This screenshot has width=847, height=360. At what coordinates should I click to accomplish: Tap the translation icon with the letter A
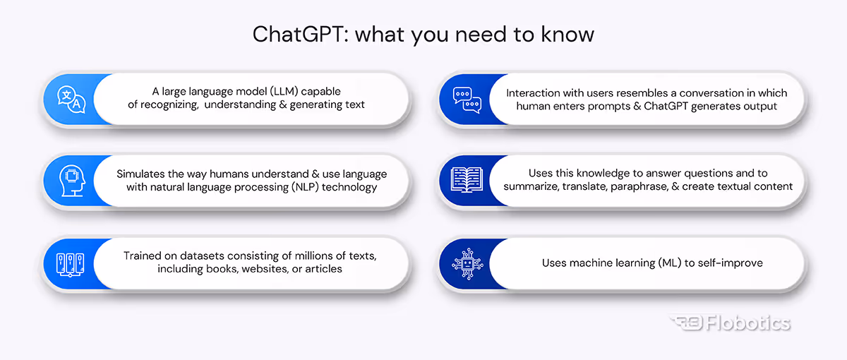[71, 100]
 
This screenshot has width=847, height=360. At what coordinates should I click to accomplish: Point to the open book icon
[466, 181]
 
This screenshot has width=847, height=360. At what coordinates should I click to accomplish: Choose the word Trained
[143, 256]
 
